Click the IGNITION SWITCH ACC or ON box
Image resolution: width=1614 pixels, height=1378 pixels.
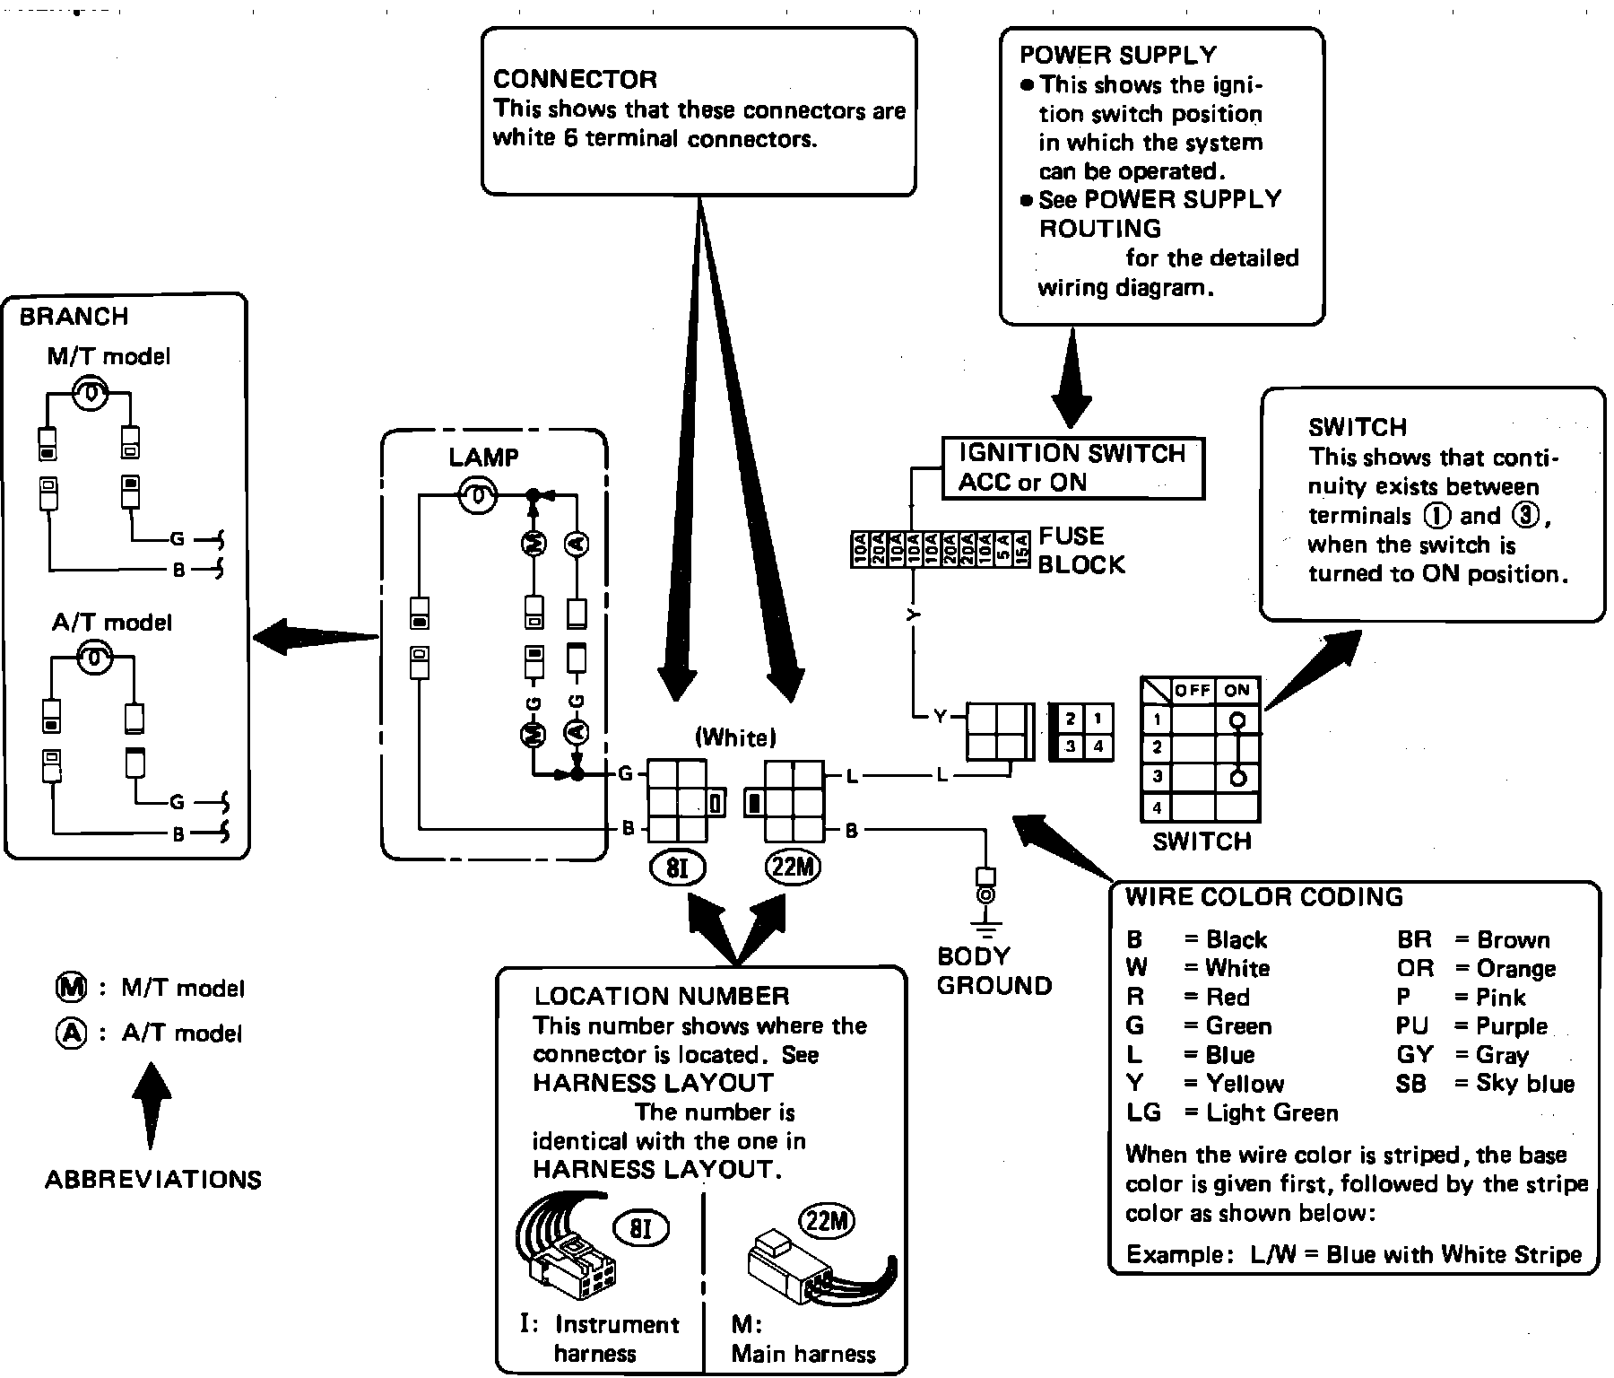(x=1072, y=467)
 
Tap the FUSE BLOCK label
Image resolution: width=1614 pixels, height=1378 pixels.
(x=1080, y=550)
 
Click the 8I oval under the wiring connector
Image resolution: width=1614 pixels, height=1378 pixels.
(x=677, y=868)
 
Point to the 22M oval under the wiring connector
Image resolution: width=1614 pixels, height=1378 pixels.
(x=793, y=867)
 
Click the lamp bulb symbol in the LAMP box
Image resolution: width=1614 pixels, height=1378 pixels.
(x=478, y=494)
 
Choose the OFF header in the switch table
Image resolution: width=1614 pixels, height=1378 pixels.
(x=1193, y=690)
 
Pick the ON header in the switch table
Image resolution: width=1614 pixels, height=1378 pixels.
(x=1237, y=690)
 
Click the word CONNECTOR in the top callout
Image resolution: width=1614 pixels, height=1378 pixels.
(x=575, y=80)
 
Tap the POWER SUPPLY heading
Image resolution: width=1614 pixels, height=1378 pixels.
(x=1118, y=55)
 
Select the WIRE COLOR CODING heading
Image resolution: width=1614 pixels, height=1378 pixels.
(x=1264, y=897)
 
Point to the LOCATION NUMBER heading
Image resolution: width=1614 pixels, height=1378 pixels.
(x=662, y=996)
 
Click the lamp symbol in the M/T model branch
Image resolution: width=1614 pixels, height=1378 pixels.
(x=91, y=394)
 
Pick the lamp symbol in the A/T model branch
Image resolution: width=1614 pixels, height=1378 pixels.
(x=93, y=659)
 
